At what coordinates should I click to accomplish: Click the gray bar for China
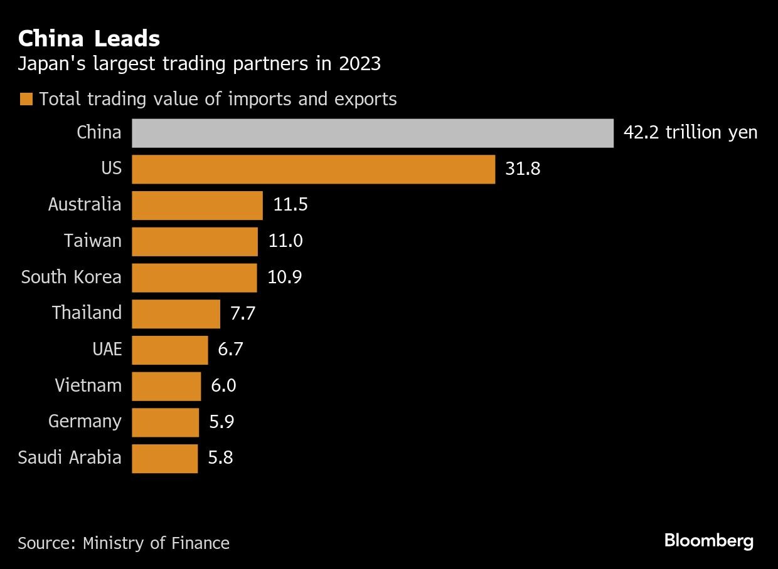click(372, 133)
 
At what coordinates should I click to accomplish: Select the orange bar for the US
click(313, 169)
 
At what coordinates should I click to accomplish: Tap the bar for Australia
click(197, 205)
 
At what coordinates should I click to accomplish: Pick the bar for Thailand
click(176, 313)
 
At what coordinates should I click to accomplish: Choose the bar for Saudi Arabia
click(164, 458)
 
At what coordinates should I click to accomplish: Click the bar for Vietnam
click(166, 385)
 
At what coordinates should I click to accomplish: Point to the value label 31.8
click(523, 169)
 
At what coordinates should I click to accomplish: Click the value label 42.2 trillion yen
click(690, 133)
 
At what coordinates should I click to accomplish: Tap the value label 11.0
click(285, 241)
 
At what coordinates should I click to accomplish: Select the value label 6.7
click(230, 350)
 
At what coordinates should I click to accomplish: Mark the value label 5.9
click(221, 422)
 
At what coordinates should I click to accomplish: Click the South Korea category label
click(71, 277)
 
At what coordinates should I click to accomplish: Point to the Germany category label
click(85, 422)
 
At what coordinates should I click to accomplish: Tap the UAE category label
click(107, 350)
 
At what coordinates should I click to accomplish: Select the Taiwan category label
click(92, 241)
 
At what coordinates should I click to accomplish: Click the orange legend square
click(26, 100)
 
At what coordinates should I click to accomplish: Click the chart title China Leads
click(89, 39)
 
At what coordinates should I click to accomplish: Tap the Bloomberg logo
click(709, 541)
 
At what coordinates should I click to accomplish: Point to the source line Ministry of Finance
click(124, 543)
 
